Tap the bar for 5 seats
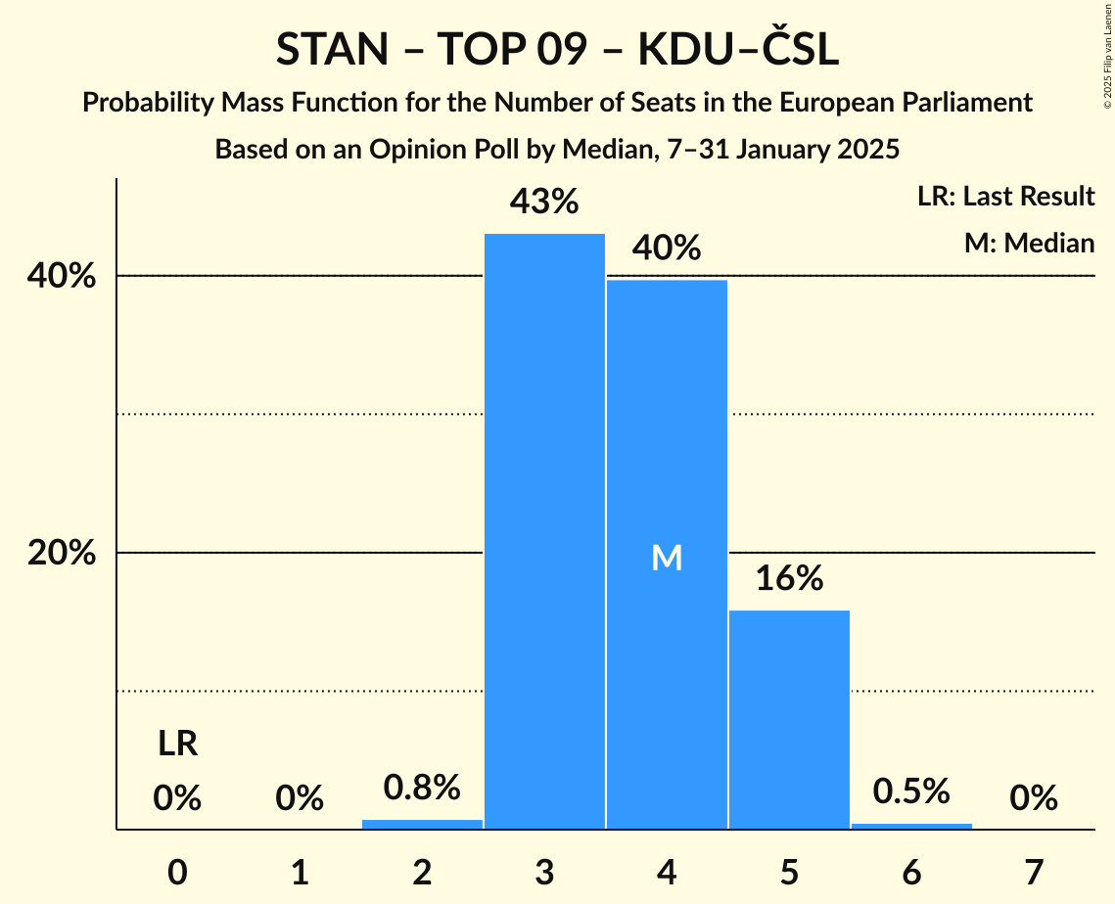[789, 719]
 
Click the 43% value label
[544, 202]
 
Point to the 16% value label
[789, 578]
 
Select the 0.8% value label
[422, 787]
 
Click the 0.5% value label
[911, 791]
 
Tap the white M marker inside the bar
[667, 558]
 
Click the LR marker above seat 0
[177, 745]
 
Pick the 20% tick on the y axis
[62, 553]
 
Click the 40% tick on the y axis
[62, 276]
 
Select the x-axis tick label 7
[1034, 870]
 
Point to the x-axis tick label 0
[177, 870]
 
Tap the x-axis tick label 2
[422, 870]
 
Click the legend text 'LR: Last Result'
[1005, 197]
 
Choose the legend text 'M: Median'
[1029, 243]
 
